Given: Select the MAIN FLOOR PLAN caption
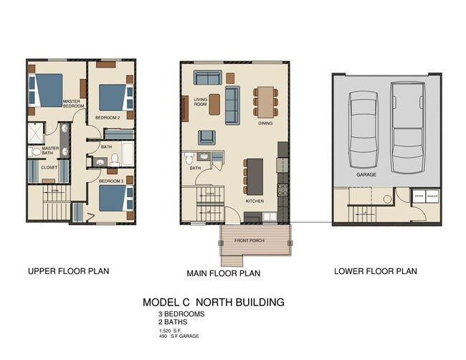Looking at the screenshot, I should coord(223,273).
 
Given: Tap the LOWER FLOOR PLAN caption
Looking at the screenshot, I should coord(375,272).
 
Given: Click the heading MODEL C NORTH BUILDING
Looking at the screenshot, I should coord(213,302).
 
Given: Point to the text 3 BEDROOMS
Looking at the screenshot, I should coord(182,314).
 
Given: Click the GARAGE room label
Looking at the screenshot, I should coord(366,174).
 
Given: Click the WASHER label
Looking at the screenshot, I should coord(432,195).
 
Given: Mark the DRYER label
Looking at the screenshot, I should coord(418,195).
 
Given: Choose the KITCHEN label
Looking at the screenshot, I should coord(255,202).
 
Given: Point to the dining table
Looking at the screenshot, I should coord(265,101).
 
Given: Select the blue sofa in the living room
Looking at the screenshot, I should coord(233,105).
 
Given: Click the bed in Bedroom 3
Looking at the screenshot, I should coord(114,196).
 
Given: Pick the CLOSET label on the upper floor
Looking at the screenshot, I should coord(49,168).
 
